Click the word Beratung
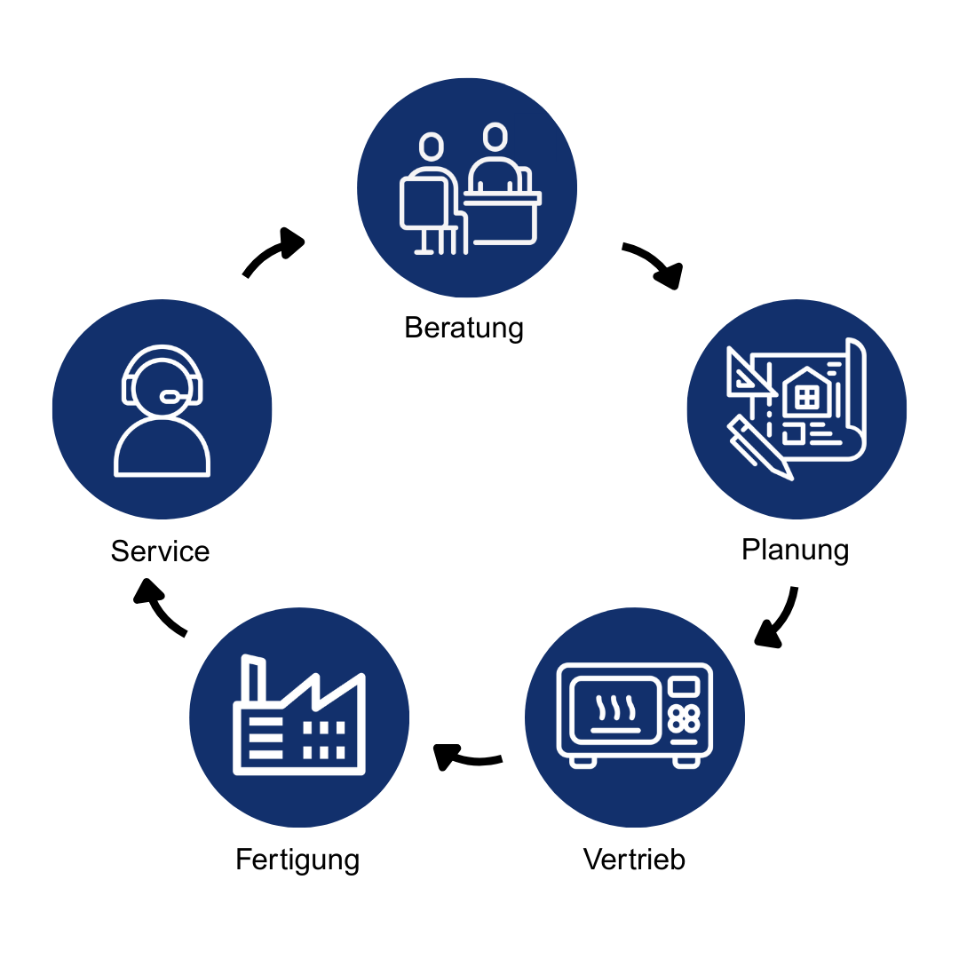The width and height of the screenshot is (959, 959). click(464, 328)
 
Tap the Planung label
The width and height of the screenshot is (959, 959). click(795, 550)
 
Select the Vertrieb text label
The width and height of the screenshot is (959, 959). click(634, 860)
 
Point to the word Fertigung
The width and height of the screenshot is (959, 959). click(297, 860)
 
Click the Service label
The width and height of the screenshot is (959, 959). click(160, 551)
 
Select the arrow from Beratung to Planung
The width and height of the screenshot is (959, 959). click(654, 264)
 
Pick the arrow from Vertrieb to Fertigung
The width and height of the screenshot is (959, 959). click(466, 757)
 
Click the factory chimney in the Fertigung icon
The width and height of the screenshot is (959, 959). click(254, 679)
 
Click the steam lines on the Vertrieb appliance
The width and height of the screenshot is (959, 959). click(615, 707)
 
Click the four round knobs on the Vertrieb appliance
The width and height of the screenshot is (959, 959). click(684, 717)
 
